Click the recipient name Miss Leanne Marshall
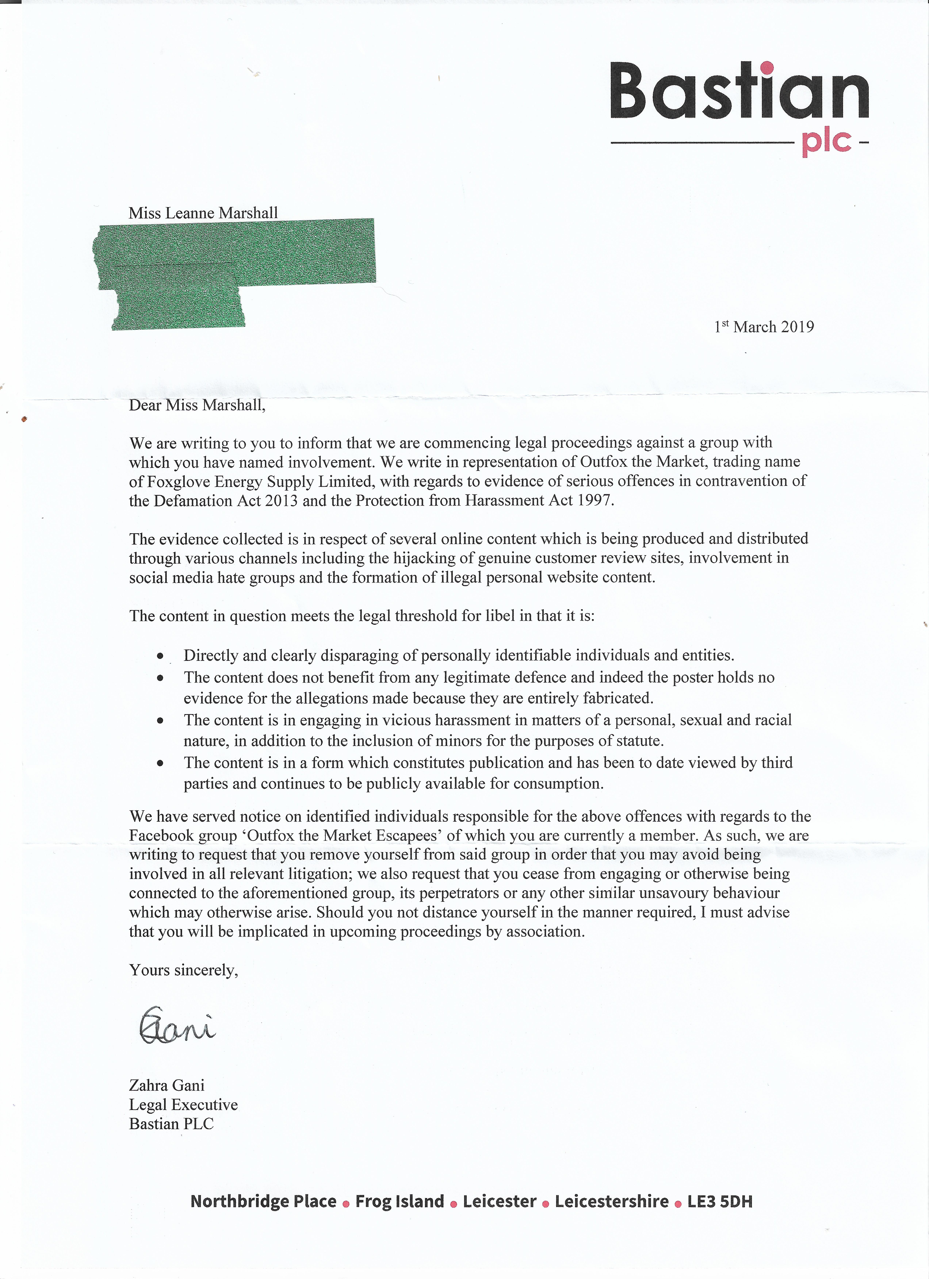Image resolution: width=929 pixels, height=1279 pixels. click(x=203, y=213)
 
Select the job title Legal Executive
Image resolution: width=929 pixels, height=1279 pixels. click(x=183, y=1105)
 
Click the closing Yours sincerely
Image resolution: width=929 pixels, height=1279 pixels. click(x=183, y=970)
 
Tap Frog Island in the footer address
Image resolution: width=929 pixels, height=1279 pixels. click(x=399, y=1202)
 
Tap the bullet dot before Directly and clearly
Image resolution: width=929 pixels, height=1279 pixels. click(x=161, y=656)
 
